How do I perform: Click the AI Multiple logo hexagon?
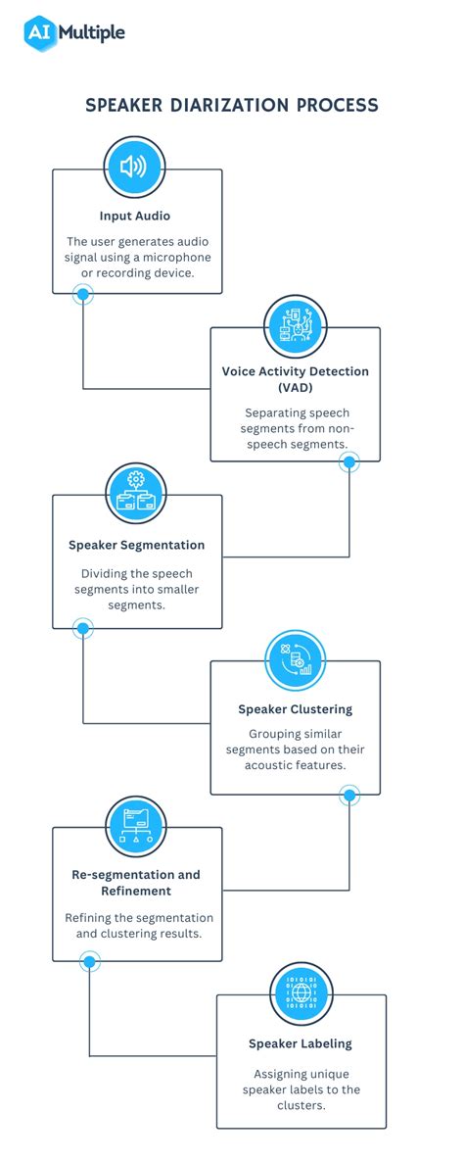pyautogui.click(x=39, y=32)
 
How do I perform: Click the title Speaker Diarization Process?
pyautogui.click(x=232, y=105)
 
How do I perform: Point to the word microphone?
pyautogui.click(x=183, y=257)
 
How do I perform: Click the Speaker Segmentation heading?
pyautogui.click(x=137, y=545)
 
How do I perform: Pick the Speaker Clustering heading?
pyautogui.click(x=296, y=709)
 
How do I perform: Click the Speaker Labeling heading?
pyautogui.click(x=301, y=1043)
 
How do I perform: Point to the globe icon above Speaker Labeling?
pyautogui.click(x=301, y=992)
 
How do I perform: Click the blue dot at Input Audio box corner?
pyautogui.click(x=83, y=294)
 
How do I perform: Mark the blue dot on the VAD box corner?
pyautogui.click(x=349, y=461)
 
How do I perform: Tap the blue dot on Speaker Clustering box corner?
pyautogui.click(x=349, y=795)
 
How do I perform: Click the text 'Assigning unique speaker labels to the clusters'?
pyautogui.click(x=301, y=1089)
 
